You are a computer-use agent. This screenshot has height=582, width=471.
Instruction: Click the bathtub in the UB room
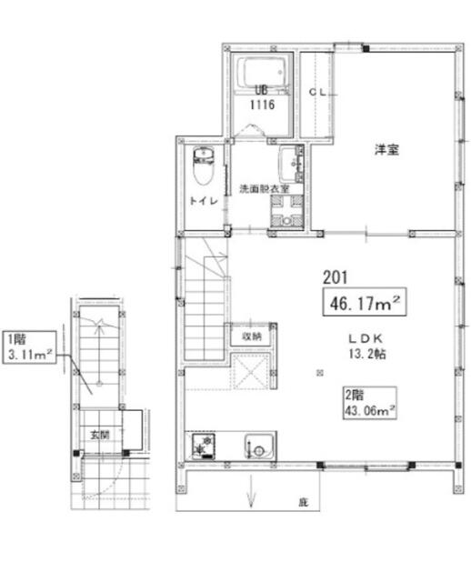262,73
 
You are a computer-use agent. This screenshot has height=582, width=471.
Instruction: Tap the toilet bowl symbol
203,166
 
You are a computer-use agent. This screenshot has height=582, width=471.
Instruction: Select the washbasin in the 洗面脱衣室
291,164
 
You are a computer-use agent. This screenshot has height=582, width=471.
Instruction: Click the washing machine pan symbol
286,211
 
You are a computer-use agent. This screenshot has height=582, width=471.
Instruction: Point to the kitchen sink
259,446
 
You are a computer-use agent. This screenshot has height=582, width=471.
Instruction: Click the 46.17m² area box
364,302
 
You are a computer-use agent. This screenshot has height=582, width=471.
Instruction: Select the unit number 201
336,276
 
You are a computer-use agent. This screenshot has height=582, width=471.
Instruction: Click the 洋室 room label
386,149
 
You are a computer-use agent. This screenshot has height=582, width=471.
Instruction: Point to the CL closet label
317,92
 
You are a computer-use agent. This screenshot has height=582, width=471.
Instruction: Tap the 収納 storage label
252,336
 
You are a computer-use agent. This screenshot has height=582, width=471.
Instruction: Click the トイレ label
204,201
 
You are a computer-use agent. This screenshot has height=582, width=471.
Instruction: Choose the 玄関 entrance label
100,435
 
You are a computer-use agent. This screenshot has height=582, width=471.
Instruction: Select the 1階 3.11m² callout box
30,347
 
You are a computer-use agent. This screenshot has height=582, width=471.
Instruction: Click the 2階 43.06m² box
369,403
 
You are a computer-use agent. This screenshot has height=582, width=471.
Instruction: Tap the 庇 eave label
303,503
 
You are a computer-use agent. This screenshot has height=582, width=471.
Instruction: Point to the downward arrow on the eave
251,491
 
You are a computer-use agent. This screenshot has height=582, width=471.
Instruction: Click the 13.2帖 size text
366,354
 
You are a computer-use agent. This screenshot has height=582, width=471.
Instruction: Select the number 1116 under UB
262,105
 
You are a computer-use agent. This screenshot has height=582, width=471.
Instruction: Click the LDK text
365,338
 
